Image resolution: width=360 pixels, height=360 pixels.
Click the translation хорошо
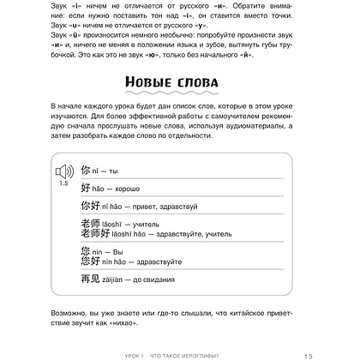click(130, 188)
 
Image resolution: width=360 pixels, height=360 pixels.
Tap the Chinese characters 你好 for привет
click(88, 206)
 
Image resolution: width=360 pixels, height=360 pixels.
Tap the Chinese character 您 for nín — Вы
click(84, 251)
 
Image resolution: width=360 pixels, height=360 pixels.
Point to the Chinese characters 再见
click(88, 280)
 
